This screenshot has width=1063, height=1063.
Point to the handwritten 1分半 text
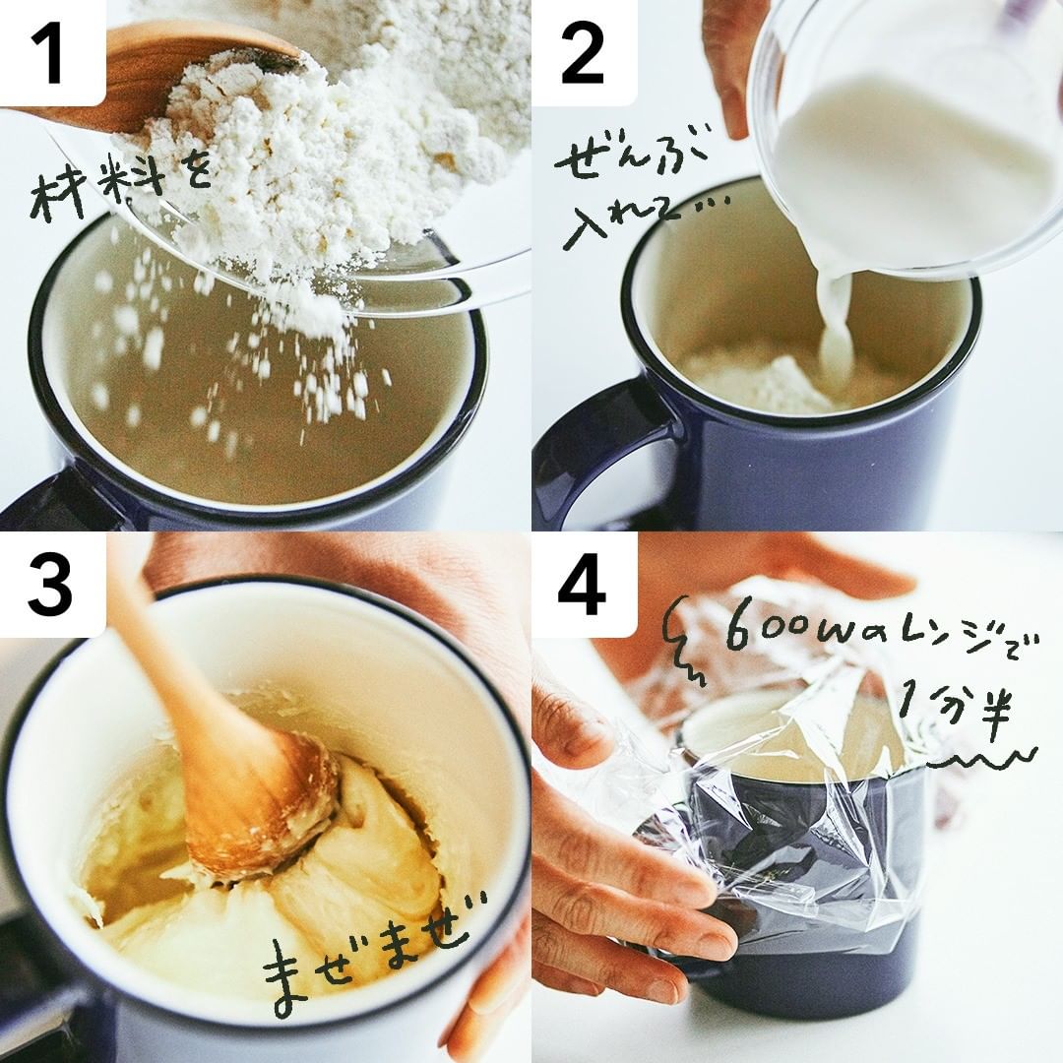955,705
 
